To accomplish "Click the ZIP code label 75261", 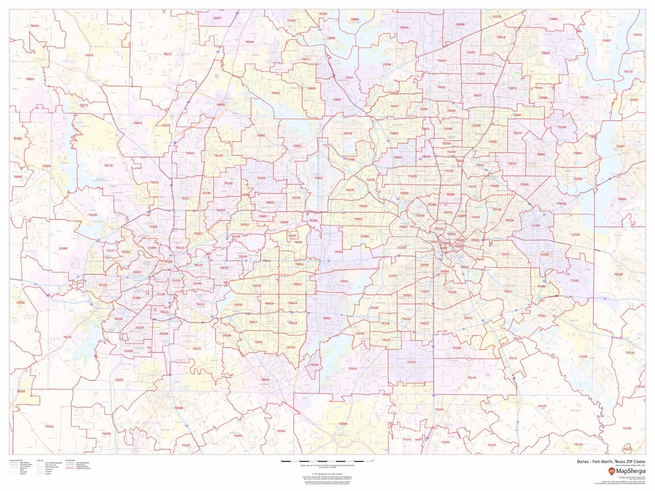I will point(318,178).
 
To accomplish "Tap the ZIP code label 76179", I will point(108,166).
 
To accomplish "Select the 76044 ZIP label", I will point(49,426).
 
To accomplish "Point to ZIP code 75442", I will point(637,35).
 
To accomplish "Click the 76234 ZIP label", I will point(35,26).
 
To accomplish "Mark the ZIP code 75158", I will point(627,428).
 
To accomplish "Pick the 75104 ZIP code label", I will point(352,369).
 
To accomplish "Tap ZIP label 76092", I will point(261,135).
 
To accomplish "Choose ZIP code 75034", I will point(404,28).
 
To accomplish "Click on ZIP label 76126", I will point(67,337).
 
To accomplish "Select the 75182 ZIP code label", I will point(576,235).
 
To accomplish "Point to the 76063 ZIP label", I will point(265,380).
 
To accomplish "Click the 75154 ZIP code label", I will point(439,409).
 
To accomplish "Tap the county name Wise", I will point(70,61).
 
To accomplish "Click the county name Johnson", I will point(152,422).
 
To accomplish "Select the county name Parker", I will point(29,251).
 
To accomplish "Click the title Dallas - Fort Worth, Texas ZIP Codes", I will point(611,462).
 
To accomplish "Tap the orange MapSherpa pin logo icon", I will point(612,471).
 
